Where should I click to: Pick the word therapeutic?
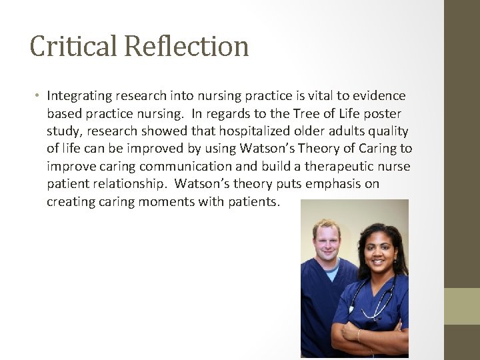pyautogui.click(x=319, y=166)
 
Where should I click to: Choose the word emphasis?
pyautogui.click(x=323, y=183)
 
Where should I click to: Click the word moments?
pyautogui.click(x=167, y=201)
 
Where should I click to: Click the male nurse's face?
pyautogui.click(x=326, y=240)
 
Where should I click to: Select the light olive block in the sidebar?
pyautogui.click(x=462, y=306)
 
